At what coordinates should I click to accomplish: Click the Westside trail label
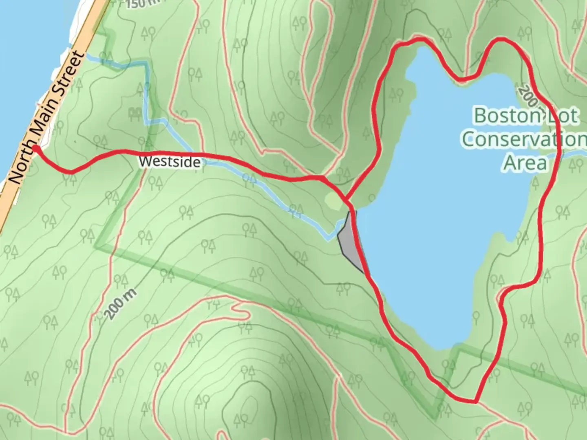[169, 162]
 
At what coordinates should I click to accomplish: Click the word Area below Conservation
[525, 163]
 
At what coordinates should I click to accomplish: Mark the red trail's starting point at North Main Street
[35, 148]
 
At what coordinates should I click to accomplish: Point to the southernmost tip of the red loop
[475, 401]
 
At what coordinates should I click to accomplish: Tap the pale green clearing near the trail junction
[333, 200]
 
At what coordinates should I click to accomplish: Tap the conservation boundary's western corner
[97, 246]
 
